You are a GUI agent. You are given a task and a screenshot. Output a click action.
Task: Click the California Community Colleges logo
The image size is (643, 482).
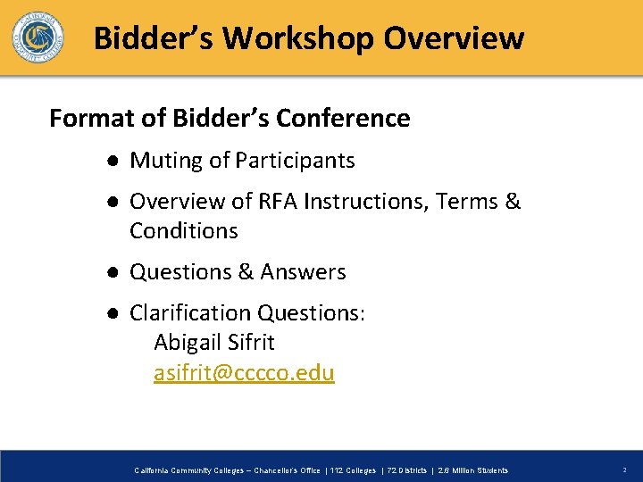click(38, 37)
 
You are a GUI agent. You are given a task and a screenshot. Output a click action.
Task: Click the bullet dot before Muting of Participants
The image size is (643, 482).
click(107, 162)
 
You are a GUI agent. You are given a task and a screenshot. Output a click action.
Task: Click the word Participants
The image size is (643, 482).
click(295, 161)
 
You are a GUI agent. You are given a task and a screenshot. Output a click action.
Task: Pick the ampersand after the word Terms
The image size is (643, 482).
click(513, 202)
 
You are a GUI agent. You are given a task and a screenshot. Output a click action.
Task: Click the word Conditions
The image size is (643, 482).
click(184, 231)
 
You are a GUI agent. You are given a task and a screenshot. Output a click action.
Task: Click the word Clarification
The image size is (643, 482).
click(191, 313)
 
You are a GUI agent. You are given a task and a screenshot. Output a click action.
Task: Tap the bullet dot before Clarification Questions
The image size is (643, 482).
click(107, 314)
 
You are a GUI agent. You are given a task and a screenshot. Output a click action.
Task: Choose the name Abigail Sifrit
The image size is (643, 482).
click(214, 343)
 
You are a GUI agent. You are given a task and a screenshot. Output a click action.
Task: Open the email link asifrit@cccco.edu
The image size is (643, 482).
click(244, 373)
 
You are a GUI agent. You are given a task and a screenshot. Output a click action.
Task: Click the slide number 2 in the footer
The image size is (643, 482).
click(624, 470)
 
